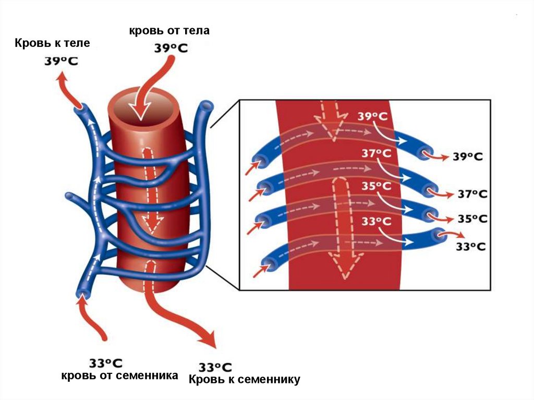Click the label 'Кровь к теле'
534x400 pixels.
(x=52, y=43)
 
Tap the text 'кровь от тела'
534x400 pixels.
(x=169, y=31)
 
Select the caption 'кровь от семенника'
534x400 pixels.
(x=120, y=375)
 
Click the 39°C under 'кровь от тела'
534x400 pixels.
(x=171, y=49)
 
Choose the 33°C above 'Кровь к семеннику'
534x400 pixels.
(x=215, y=367)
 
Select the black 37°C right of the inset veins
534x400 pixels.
(x=472, y=194)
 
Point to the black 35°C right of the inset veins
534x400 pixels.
(x=472, y=219)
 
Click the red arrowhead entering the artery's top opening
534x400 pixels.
(x=140, y=111)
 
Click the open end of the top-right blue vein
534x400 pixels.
(x=207, y=107)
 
